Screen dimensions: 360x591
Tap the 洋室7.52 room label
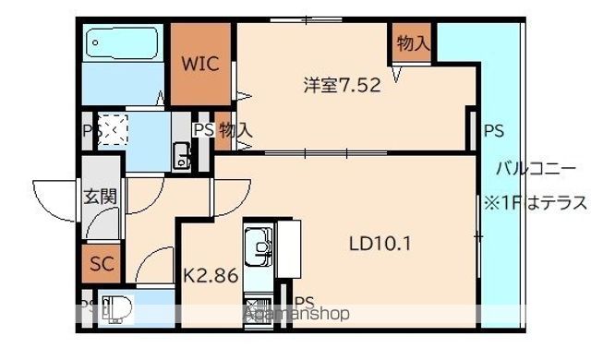click(x=341, y=85)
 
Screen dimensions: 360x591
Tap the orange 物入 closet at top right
click(x=413, y=43)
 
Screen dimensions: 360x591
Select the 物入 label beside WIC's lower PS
click(x=235, y=130)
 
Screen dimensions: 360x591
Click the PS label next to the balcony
click(x=493, y=131)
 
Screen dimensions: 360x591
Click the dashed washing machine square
click(x=114, y=130)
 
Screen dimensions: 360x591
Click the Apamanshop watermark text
click(x=297, y=314)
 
